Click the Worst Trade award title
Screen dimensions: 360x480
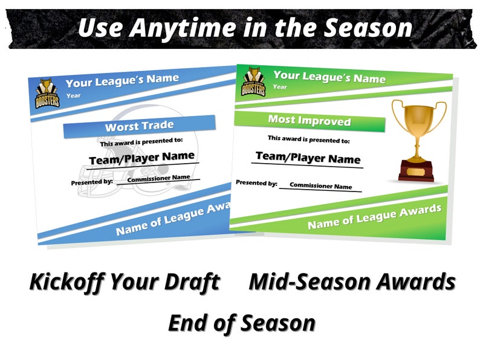pos(139,127)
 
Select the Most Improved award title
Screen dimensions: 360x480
pos(309,120)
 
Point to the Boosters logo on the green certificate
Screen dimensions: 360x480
pos(254,82)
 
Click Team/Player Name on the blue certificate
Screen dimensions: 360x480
pos(142,158)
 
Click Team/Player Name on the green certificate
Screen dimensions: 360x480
pos(308,158)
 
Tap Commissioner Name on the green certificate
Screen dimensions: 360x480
pos(320,186)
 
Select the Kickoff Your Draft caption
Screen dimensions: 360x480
pos(125,281)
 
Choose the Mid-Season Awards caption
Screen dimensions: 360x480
pos(352,281)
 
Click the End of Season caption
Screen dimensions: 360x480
pos(241,323)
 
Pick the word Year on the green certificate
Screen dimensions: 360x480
pos(280,87)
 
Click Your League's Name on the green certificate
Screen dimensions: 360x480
pos(329,78)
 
